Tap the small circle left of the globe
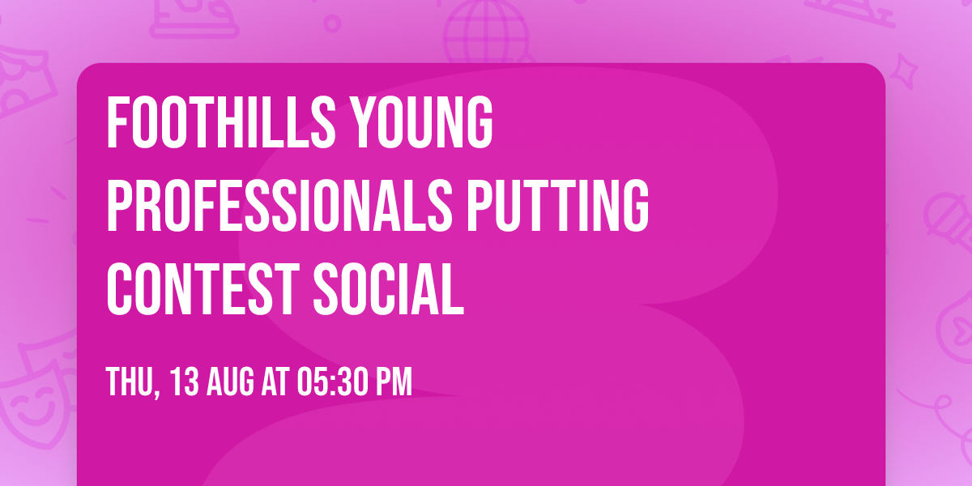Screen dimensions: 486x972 [333, 23]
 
